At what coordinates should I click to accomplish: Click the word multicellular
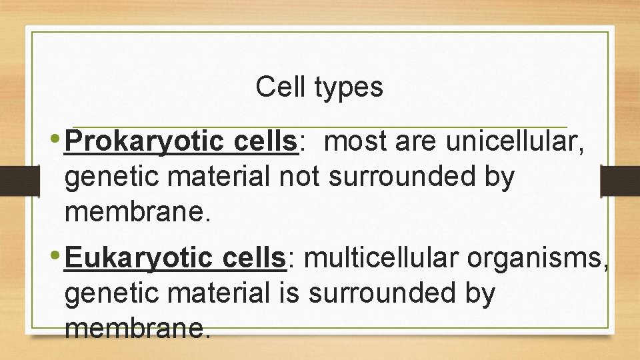[x=384, y=258]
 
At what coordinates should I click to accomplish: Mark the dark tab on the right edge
[x=620, y=180]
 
